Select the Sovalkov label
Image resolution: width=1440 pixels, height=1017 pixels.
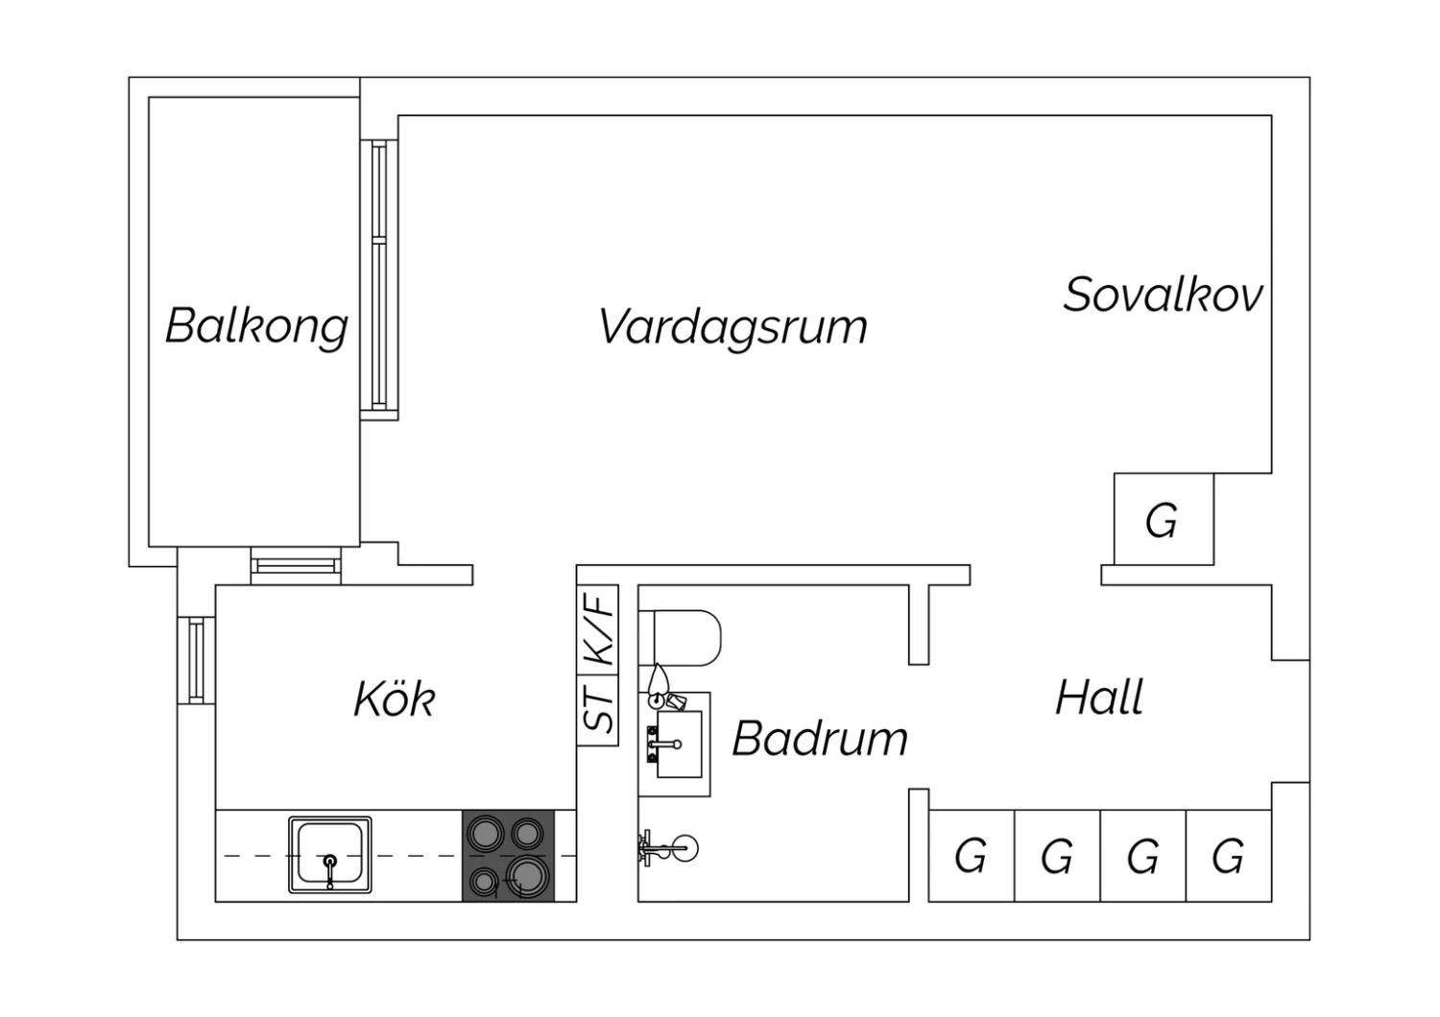1163,295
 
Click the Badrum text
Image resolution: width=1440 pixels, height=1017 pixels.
820,738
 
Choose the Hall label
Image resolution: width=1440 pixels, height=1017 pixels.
1099,698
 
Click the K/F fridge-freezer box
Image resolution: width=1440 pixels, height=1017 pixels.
597,629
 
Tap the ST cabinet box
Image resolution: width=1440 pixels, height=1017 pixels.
597,711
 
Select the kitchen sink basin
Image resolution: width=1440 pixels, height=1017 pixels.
330,855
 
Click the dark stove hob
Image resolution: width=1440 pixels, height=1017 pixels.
508,856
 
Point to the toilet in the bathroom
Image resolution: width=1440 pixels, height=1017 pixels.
680,638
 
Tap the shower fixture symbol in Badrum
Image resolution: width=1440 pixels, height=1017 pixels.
668,848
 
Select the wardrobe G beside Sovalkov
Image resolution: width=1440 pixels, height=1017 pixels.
1164,519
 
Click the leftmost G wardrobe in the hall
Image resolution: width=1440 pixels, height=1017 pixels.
972,856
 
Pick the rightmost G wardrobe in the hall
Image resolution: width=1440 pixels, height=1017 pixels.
1229,856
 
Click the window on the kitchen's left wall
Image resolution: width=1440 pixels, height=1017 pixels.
196,660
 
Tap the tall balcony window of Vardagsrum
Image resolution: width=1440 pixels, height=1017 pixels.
378,280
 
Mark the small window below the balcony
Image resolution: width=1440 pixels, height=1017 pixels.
296,566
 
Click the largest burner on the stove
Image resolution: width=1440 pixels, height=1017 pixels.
527,876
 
